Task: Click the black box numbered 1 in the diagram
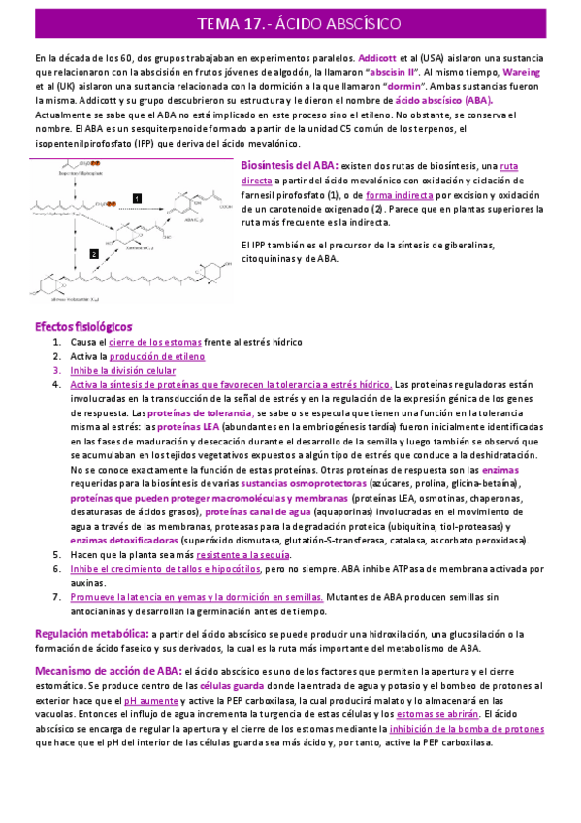[137, 198]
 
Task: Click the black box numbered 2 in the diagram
[93, 252]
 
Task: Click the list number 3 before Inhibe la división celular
[56, 370]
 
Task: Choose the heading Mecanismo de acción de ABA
[106, 671]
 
